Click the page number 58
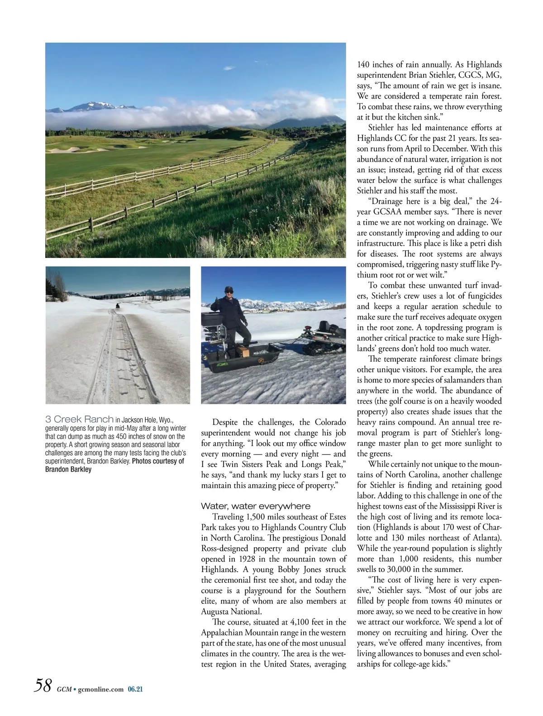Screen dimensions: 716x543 pos(43,685)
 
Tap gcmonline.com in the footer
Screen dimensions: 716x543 pos(100,689)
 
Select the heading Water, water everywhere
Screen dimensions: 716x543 pos(256,506)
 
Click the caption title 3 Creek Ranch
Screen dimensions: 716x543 pos(79,420)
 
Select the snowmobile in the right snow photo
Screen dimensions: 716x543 pos(323,338)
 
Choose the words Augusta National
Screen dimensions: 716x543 pos(231,612)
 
